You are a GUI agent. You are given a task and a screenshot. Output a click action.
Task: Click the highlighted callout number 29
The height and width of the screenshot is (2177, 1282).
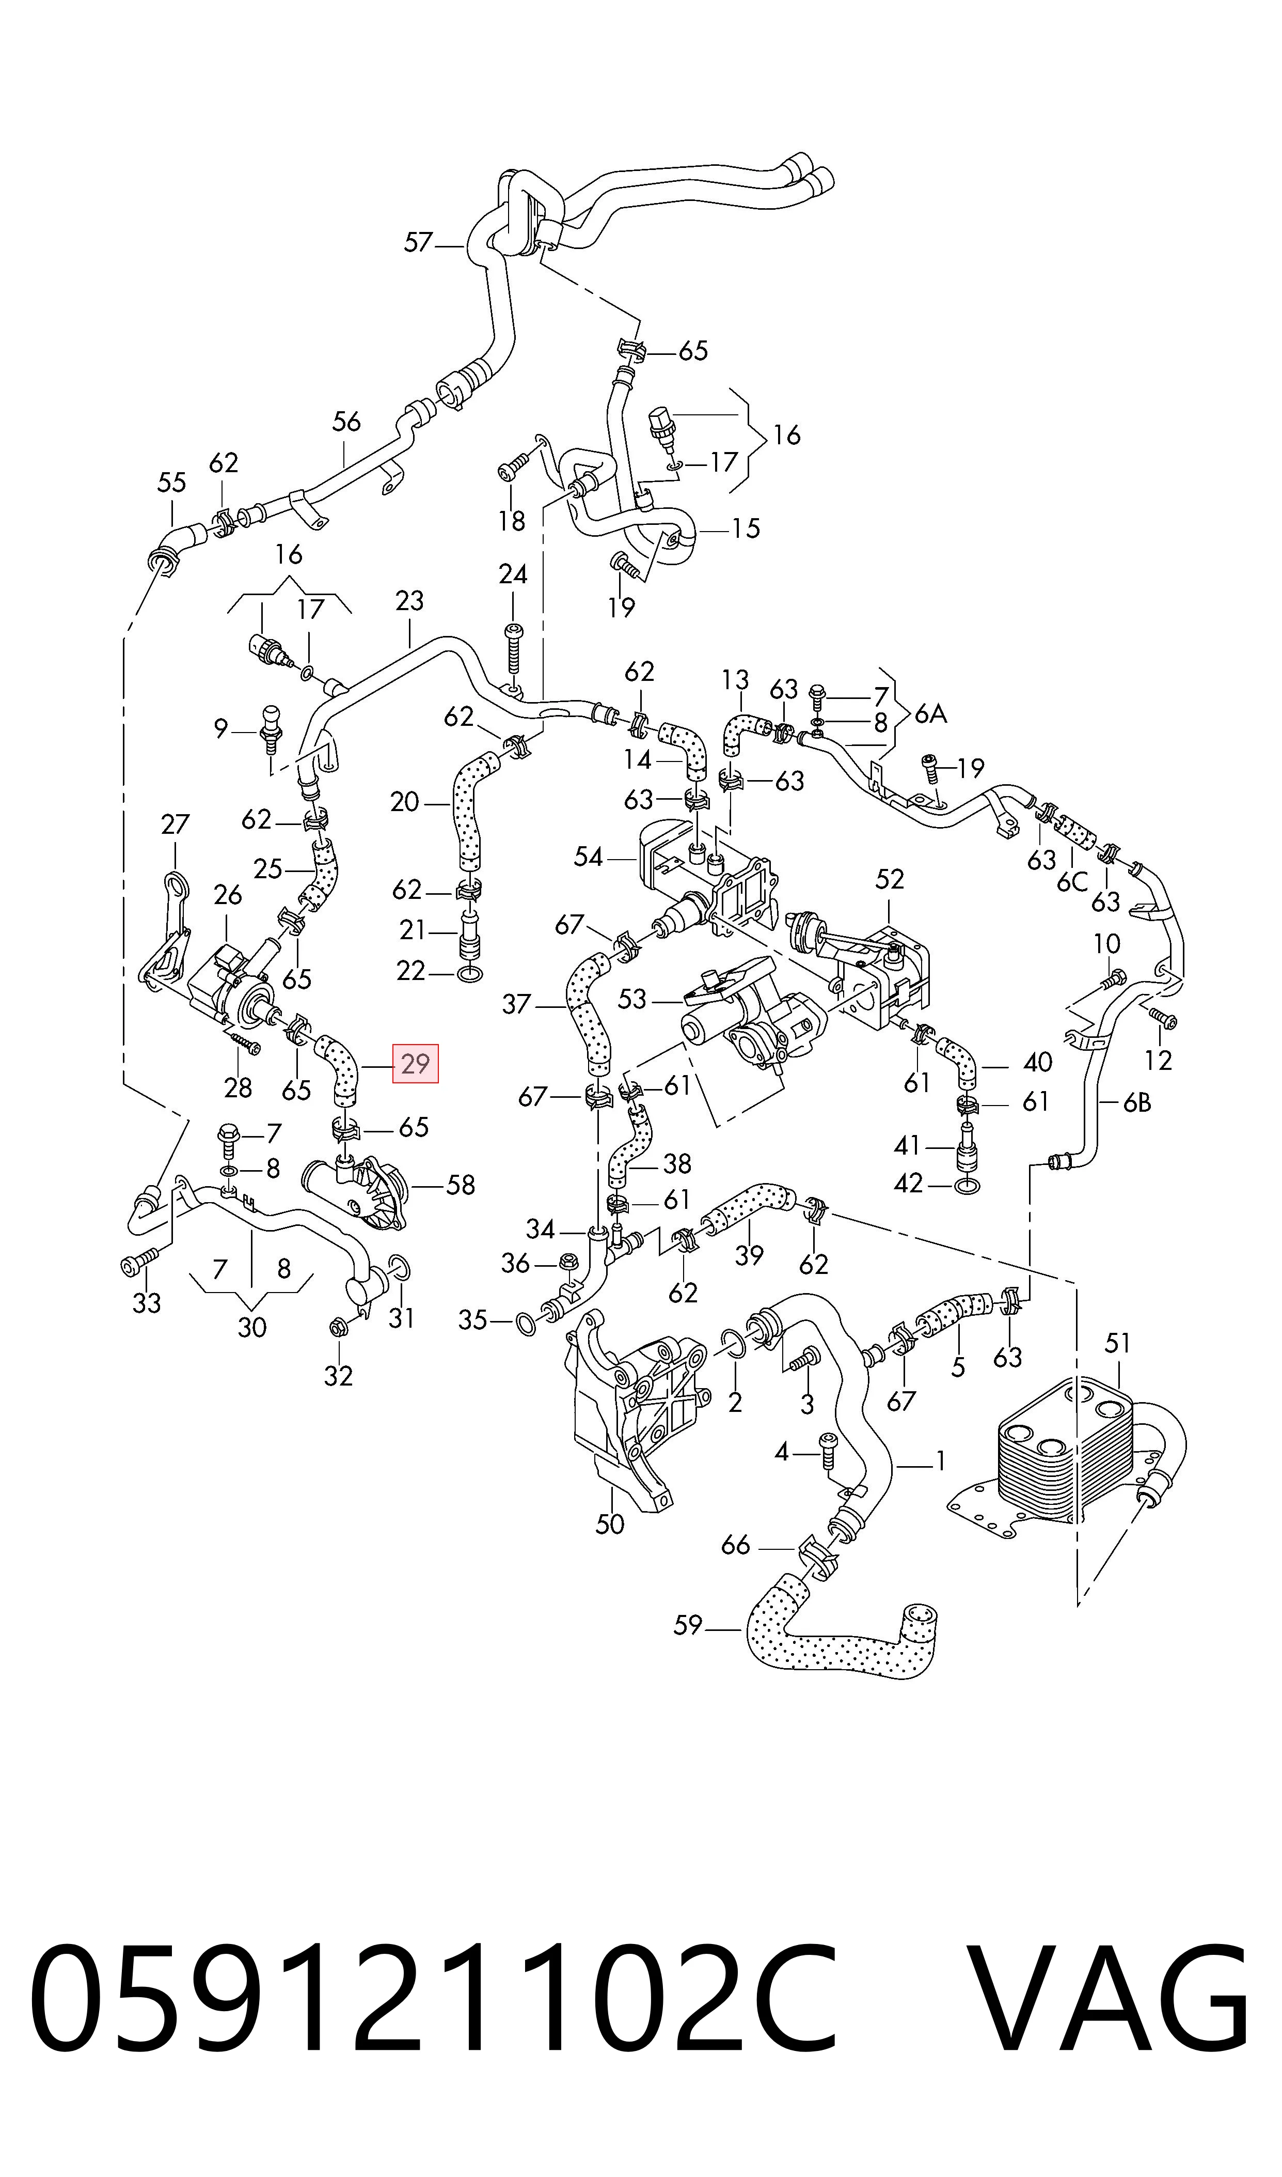pos(416,1063)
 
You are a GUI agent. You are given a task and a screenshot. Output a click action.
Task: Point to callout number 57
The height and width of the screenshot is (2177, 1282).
pos(418,243)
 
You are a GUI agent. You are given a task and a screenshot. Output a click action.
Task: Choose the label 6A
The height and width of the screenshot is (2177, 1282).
pos(930,714)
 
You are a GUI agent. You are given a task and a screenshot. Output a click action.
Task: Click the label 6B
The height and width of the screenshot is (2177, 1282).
pos(1137,1103)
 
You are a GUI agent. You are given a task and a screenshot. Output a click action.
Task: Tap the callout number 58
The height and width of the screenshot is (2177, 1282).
pos(461,1185)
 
